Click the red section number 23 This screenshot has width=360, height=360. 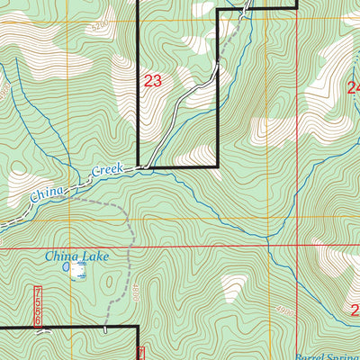153,81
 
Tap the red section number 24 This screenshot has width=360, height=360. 353,87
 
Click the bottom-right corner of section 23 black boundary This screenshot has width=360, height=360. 220,167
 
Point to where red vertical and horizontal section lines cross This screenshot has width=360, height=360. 297,246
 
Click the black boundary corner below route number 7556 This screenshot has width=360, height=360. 137,327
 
